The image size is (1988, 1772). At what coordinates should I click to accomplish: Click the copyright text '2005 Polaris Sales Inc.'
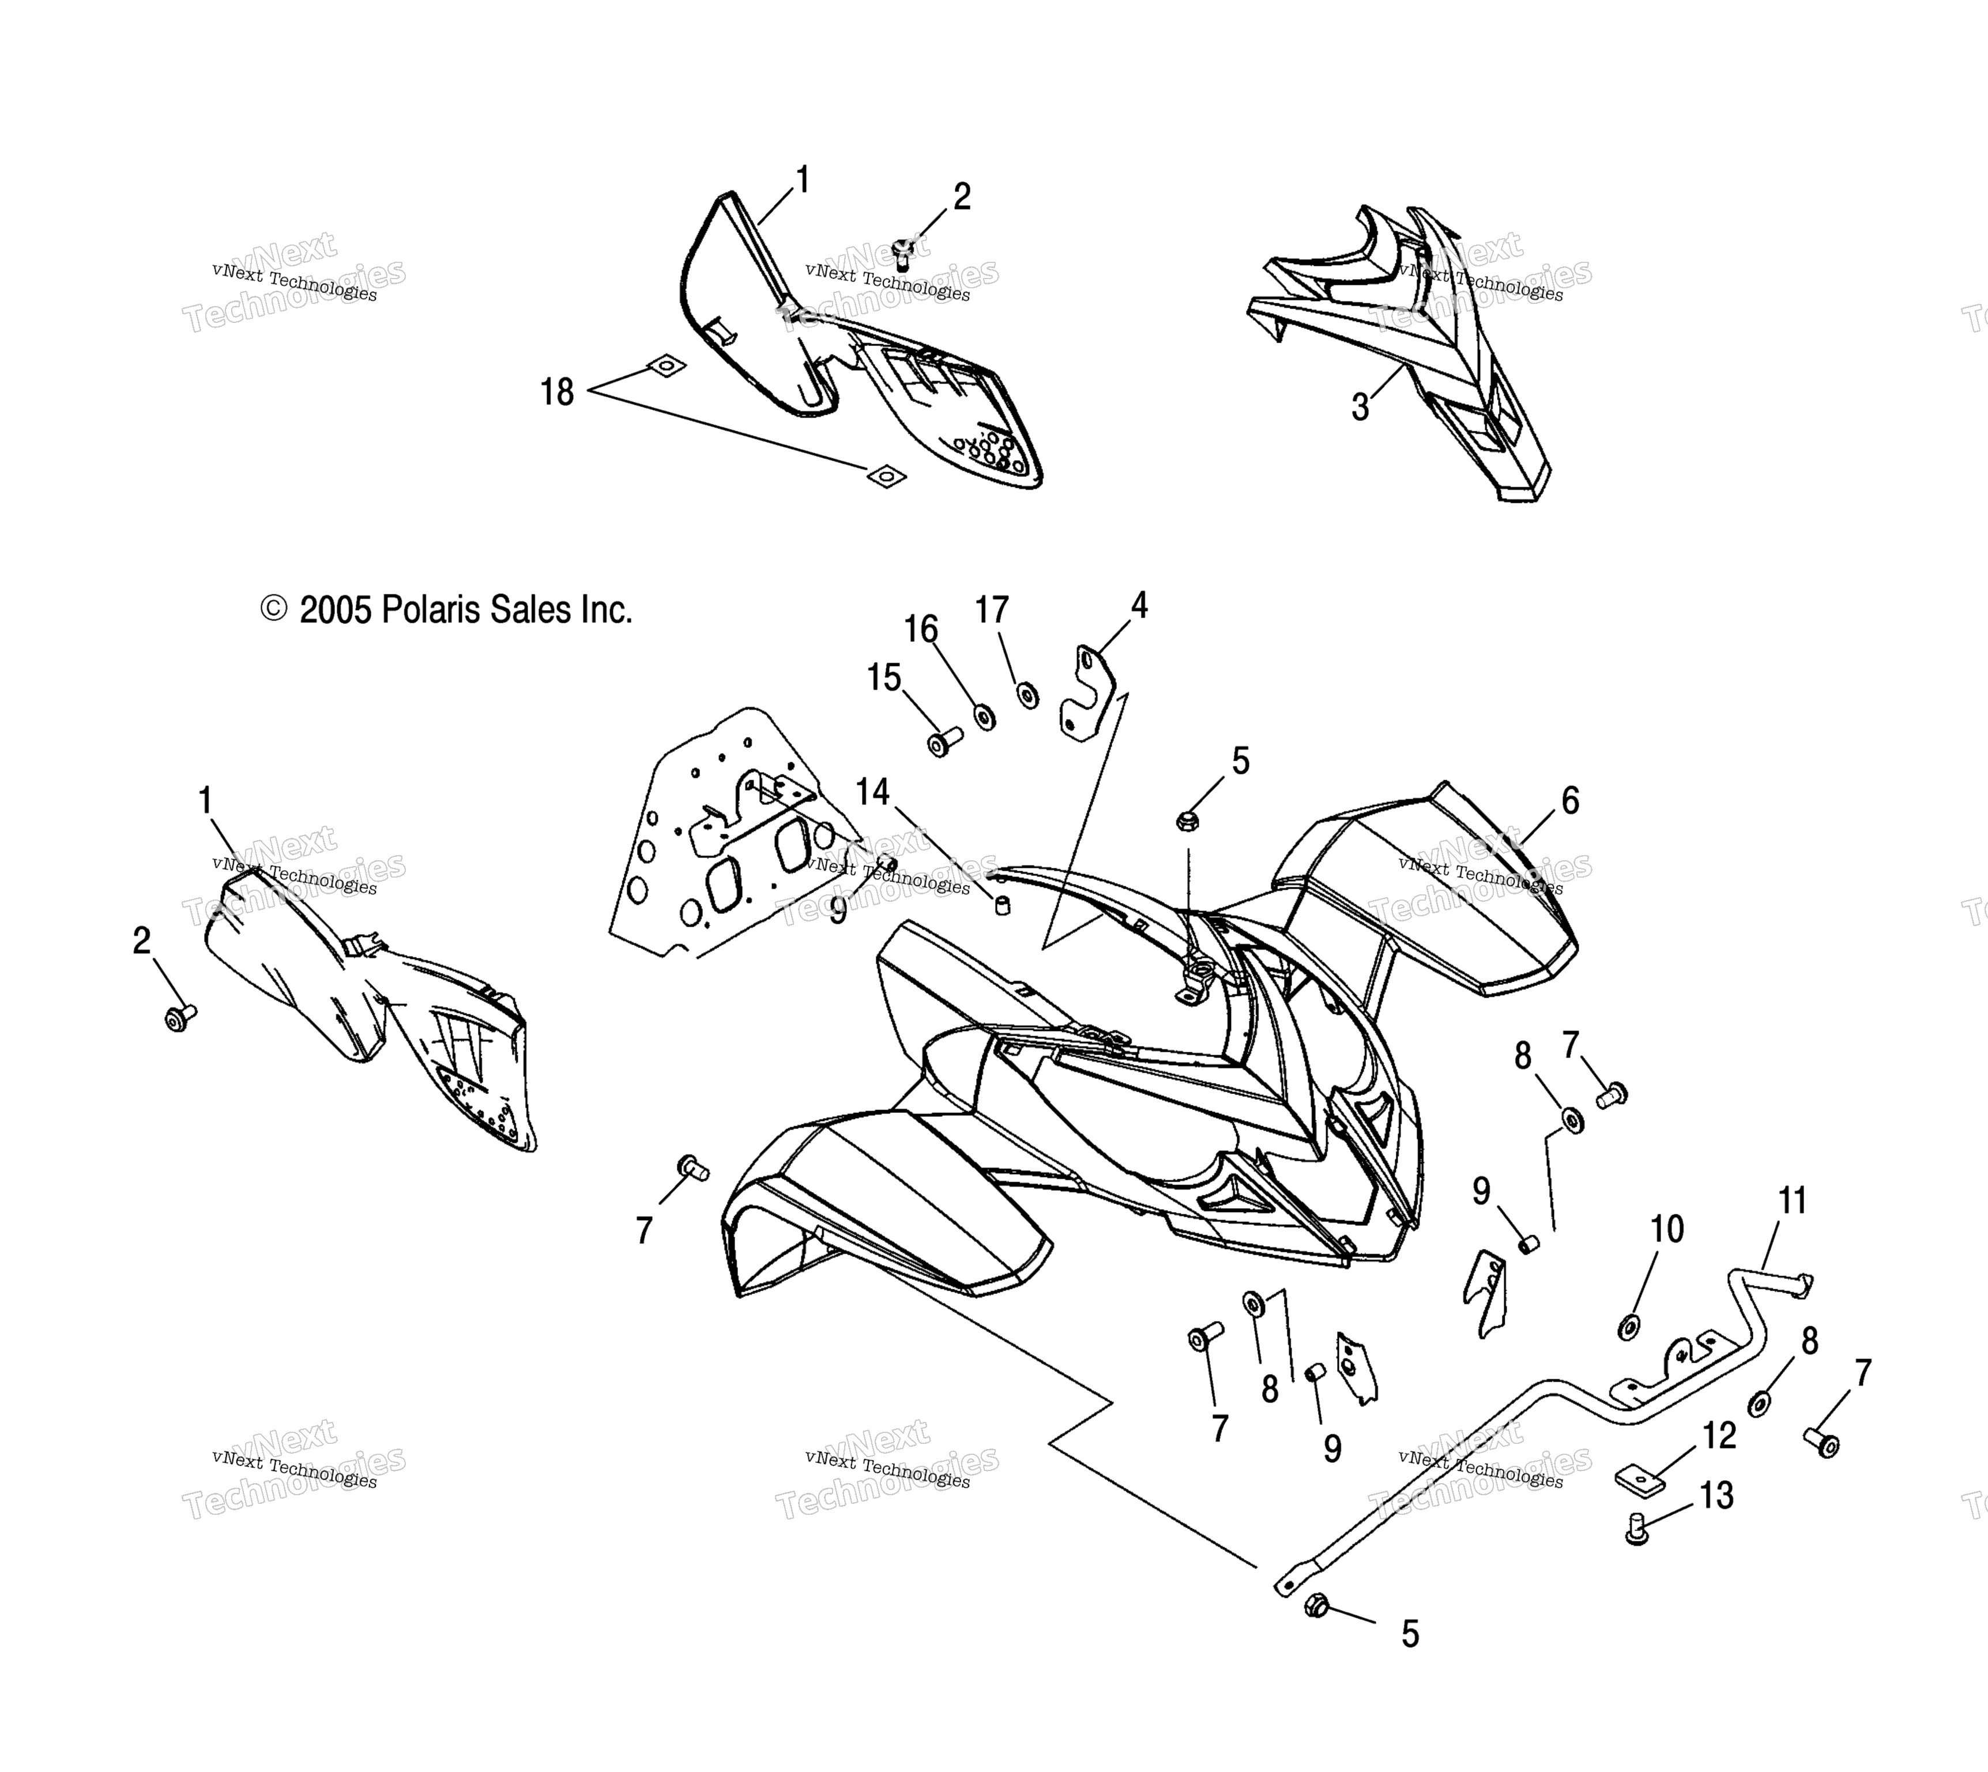(465, 611)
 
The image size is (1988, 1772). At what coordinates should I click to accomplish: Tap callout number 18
(557, 392)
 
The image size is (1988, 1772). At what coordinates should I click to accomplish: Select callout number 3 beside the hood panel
(1360, 408)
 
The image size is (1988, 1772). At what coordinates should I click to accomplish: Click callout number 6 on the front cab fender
(1569, 800)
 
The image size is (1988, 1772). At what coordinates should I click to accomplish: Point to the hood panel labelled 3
(1402, 351)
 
